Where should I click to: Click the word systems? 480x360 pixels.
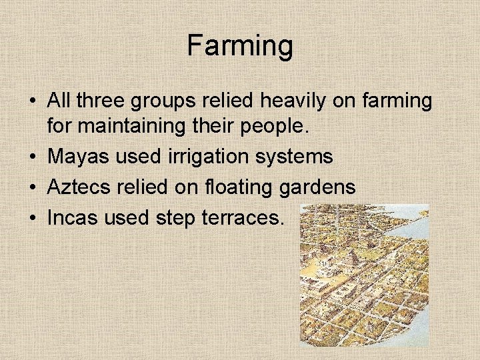point(298,158)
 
